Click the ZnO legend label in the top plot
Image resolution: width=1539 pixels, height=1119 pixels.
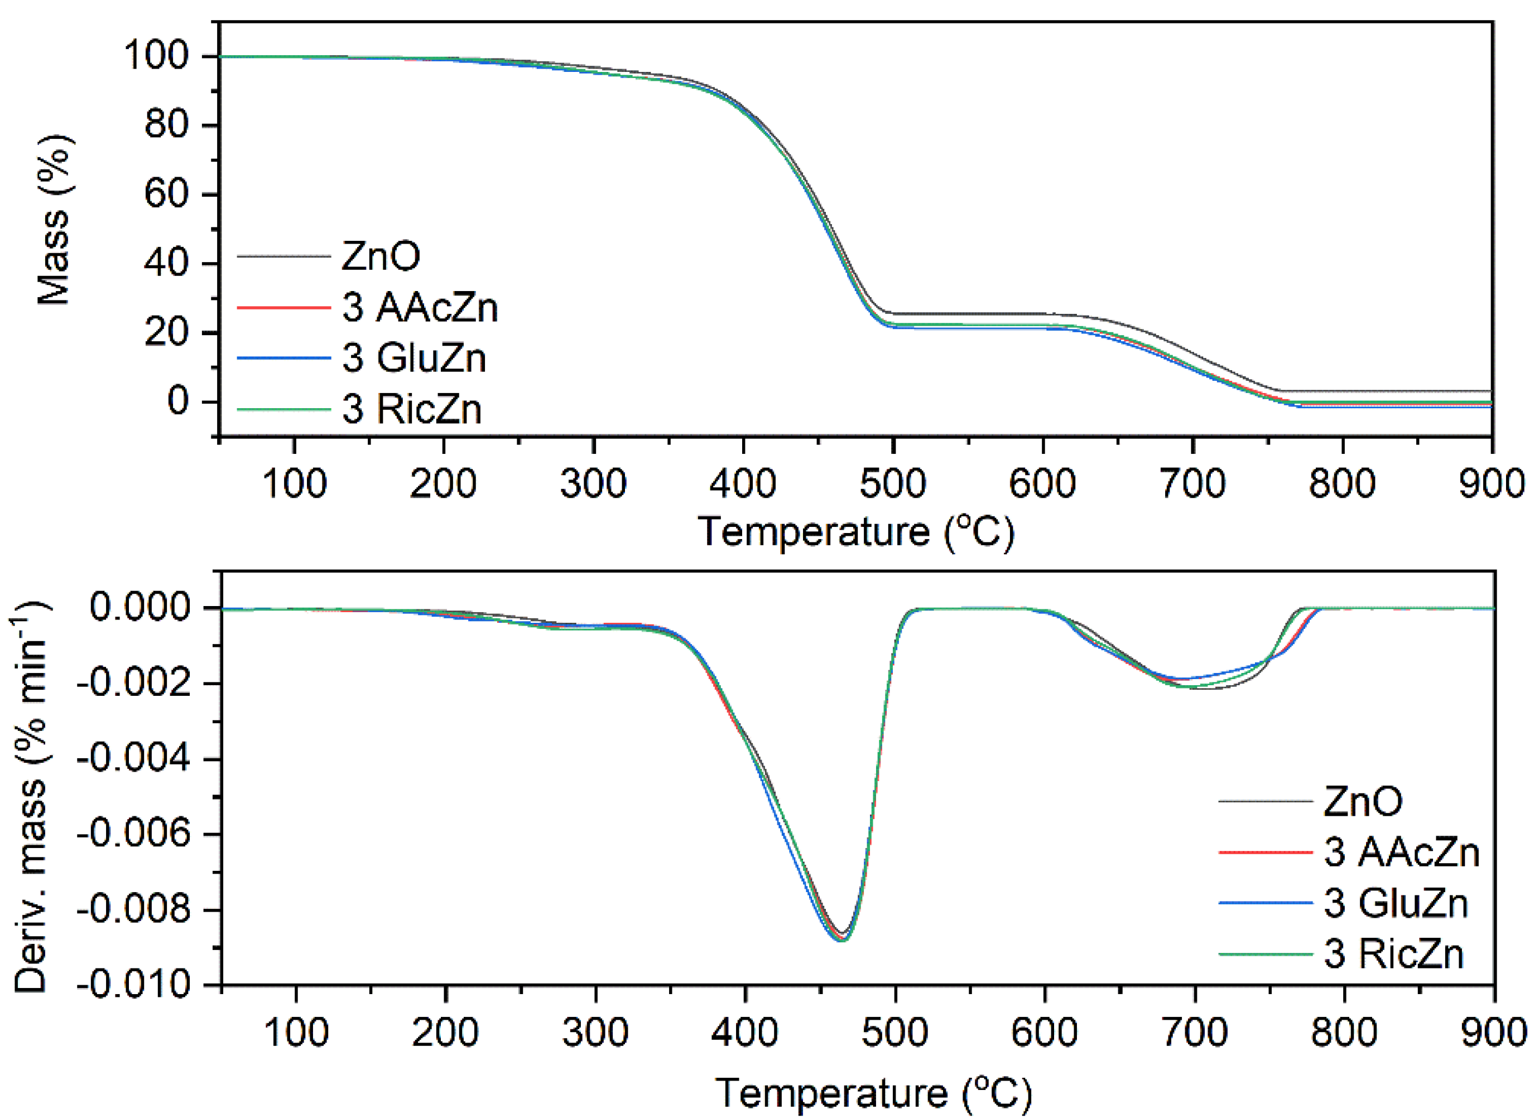click(380, 256)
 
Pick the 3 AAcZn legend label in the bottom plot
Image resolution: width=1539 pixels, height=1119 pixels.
click(1401, 852)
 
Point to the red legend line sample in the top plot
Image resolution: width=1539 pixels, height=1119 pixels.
click(283, 307)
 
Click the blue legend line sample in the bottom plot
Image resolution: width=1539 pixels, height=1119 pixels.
click(1265, 903)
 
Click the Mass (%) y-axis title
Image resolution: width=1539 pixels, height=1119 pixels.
click(54, 220)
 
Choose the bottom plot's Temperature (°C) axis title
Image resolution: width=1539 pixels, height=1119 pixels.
click(874, 1094)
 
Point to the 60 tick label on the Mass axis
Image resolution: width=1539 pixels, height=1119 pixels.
click(166, 195)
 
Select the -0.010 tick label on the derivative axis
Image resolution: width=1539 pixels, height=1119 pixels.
click(135, 985)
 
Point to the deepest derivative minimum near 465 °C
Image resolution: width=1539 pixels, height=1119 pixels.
click(842, 939)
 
